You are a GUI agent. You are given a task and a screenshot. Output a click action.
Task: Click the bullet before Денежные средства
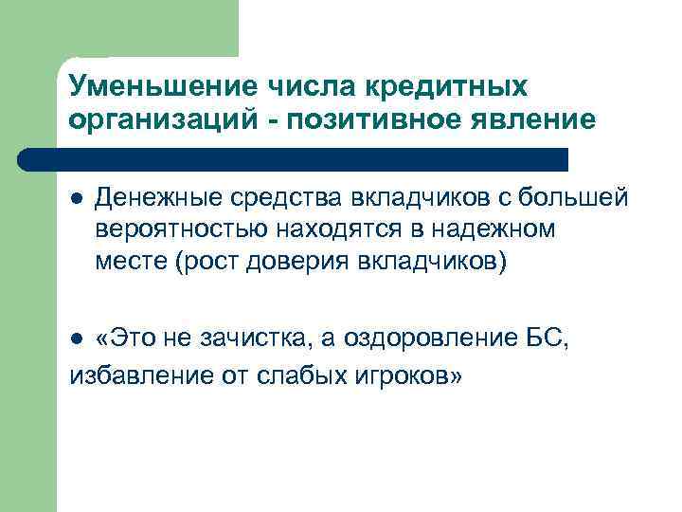coord(76,198)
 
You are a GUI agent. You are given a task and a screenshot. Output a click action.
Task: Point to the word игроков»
coord(408,376)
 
